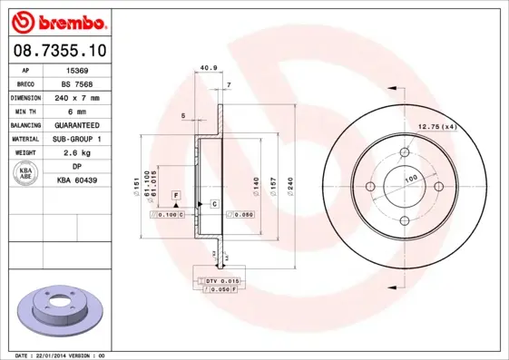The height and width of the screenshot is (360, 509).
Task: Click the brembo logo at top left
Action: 58,19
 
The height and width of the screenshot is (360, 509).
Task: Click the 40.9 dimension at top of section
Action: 208,67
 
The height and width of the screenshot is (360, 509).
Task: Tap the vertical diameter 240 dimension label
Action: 289,185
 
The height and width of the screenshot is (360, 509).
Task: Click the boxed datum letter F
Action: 176,196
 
